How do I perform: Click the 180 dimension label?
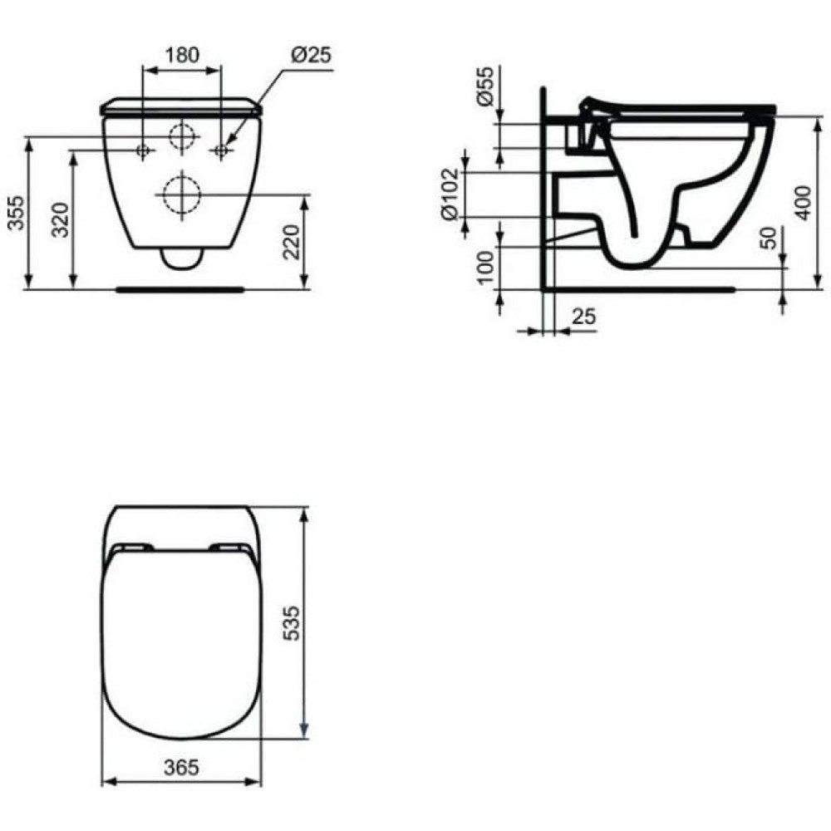[x=182, y=55]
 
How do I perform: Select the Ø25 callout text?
[x=312, y=54]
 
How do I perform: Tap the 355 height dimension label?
[x=17, y=213]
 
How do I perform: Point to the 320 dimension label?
[x=61, y=219]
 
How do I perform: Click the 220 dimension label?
[x=291, y=242]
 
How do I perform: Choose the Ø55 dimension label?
[x=484, y=86]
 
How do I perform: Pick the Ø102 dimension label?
[x=450, y=195]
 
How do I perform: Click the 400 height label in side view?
[x=803, y=203]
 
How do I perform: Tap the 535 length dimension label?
[x=291, y=623]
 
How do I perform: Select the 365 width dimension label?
[x=181, y=767]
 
